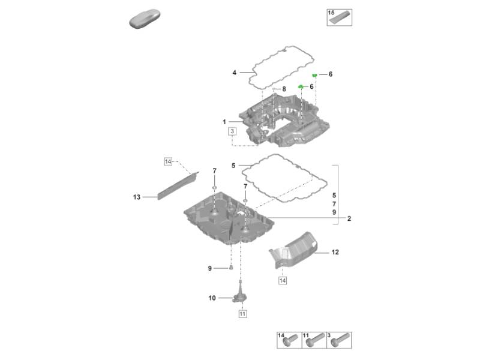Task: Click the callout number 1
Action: click(x=223, y=122)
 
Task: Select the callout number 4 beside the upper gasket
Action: click(x=235, y=73)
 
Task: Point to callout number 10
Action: click(x=212, y=298)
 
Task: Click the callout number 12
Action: click(x=335, y=253)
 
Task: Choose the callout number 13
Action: click(x=136, y=196)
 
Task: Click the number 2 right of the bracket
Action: click(x=349, y=219)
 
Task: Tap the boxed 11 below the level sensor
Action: click(x=242, y=313)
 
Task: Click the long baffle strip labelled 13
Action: click(x=177, y=184)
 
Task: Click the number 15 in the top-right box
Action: click(x=331, y=13)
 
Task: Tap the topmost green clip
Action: click(x=314, y=74)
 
